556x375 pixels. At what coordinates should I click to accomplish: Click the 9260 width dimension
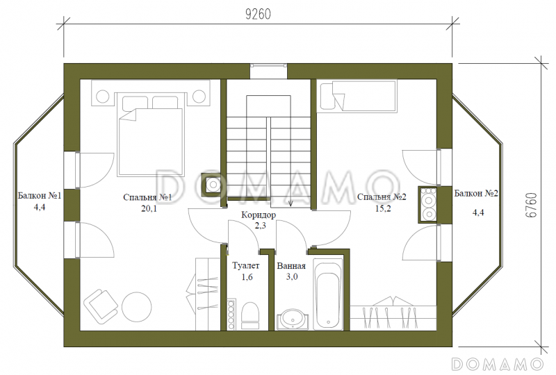tap(258, 14)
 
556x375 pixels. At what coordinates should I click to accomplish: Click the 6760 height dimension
tap(531, 206)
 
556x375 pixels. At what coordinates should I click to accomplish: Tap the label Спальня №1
tap(147, 197)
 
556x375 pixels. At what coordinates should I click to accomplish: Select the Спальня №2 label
tap(382, 197)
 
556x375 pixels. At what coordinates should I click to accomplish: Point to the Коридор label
tap(259, 215)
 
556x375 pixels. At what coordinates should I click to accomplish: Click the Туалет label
tap(246, 265)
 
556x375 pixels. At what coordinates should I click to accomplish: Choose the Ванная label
tap(291, 266)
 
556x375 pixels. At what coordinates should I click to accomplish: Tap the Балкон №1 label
tap(40, 196)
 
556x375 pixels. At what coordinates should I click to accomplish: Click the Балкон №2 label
tap(476, 194)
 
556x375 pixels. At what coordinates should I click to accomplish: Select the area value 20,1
tap(149, 209)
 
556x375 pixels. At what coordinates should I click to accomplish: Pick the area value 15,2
tap(383, 208)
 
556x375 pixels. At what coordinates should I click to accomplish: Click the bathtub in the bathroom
tap(328, 294)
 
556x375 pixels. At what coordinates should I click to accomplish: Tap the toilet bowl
tap(250, 315)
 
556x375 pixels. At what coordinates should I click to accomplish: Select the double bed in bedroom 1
tap(151, 134)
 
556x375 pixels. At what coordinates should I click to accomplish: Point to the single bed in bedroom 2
tap(357, 96)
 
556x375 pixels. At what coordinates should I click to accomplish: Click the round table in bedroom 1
tap(136, 307)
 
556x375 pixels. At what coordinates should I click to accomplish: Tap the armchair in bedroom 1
tap(101, 306)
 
